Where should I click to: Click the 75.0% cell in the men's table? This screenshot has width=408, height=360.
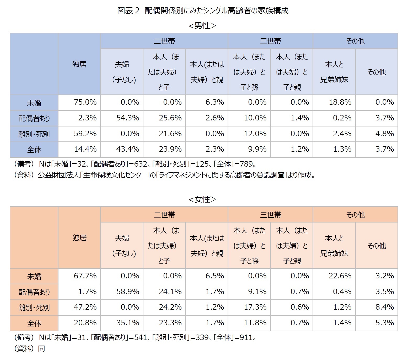(x=85, y=102)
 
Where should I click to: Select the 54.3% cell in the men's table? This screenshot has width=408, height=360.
(x=128, y=118)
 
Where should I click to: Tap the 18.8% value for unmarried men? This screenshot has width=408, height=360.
(x=340, y=102)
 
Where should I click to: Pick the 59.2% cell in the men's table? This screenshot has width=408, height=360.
(x=85, y=134)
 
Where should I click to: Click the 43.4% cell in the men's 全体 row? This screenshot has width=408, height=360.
(x=128, y=149)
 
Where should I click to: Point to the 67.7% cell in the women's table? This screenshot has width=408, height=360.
(x=85, y=276)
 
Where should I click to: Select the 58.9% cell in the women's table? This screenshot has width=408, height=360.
(x=128, y=292)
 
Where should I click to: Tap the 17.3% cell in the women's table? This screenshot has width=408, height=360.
(x=255, y=307)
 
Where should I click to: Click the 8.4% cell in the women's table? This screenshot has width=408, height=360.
(x=385, y=307)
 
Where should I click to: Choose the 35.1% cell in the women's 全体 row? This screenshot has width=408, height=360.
(x=128, y=323)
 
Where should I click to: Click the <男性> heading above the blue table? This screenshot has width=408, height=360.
(x=202, y=26)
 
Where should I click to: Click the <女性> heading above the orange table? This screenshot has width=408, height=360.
(x=202, y=199)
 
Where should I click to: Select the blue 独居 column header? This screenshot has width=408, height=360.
(x=79, y=64)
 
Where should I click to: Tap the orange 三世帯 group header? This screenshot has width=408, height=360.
(x=270, y=215)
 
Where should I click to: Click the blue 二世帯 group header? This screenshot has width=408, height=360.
(x=164, y=41)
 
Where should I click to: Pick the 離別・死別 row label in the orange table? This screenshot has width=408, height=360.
(x=34, y=308)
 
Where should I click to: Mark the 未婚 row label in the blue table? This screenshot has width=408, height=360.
(x=34, y=103)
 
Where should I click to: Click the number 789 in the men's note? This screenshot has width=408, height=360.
(x=247, y=164)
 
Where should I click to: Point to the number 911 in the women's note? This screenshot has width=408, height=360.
(x=247, y=337)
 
